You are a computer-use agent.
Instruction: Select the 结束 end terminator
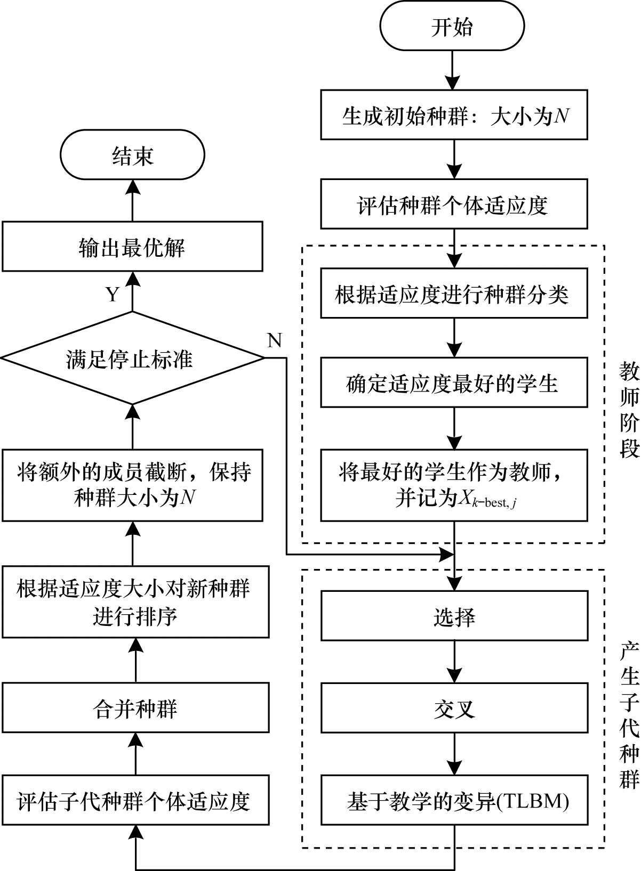point(132,156)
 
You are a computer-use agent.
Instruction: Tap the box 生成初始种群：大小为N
point(454,115)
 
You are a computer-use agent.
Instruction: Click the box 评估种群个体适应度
point(454,205)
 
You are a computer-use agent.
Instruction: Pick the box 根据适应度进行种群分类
point(454,294)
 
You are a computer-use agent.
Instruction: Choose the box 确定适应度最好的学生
point(454,383)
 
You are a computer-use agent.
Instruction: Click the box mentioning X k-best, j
point(454,485)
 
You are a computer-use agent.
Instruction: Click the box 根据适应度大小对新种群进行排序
point(135,602)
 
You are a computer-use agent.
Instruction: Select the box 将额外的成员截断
point(132,485)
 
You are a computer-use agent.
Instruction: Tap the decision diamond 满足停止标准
point(132,359)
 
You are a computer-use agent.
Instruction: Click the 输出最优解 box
point(132,247)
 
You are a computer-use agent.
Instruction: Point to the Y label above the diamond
point(112,294)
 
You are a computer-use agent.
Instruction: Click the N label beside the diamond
point(274,340)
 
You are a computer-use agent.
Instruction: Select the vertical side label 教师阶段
point(629,411)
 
